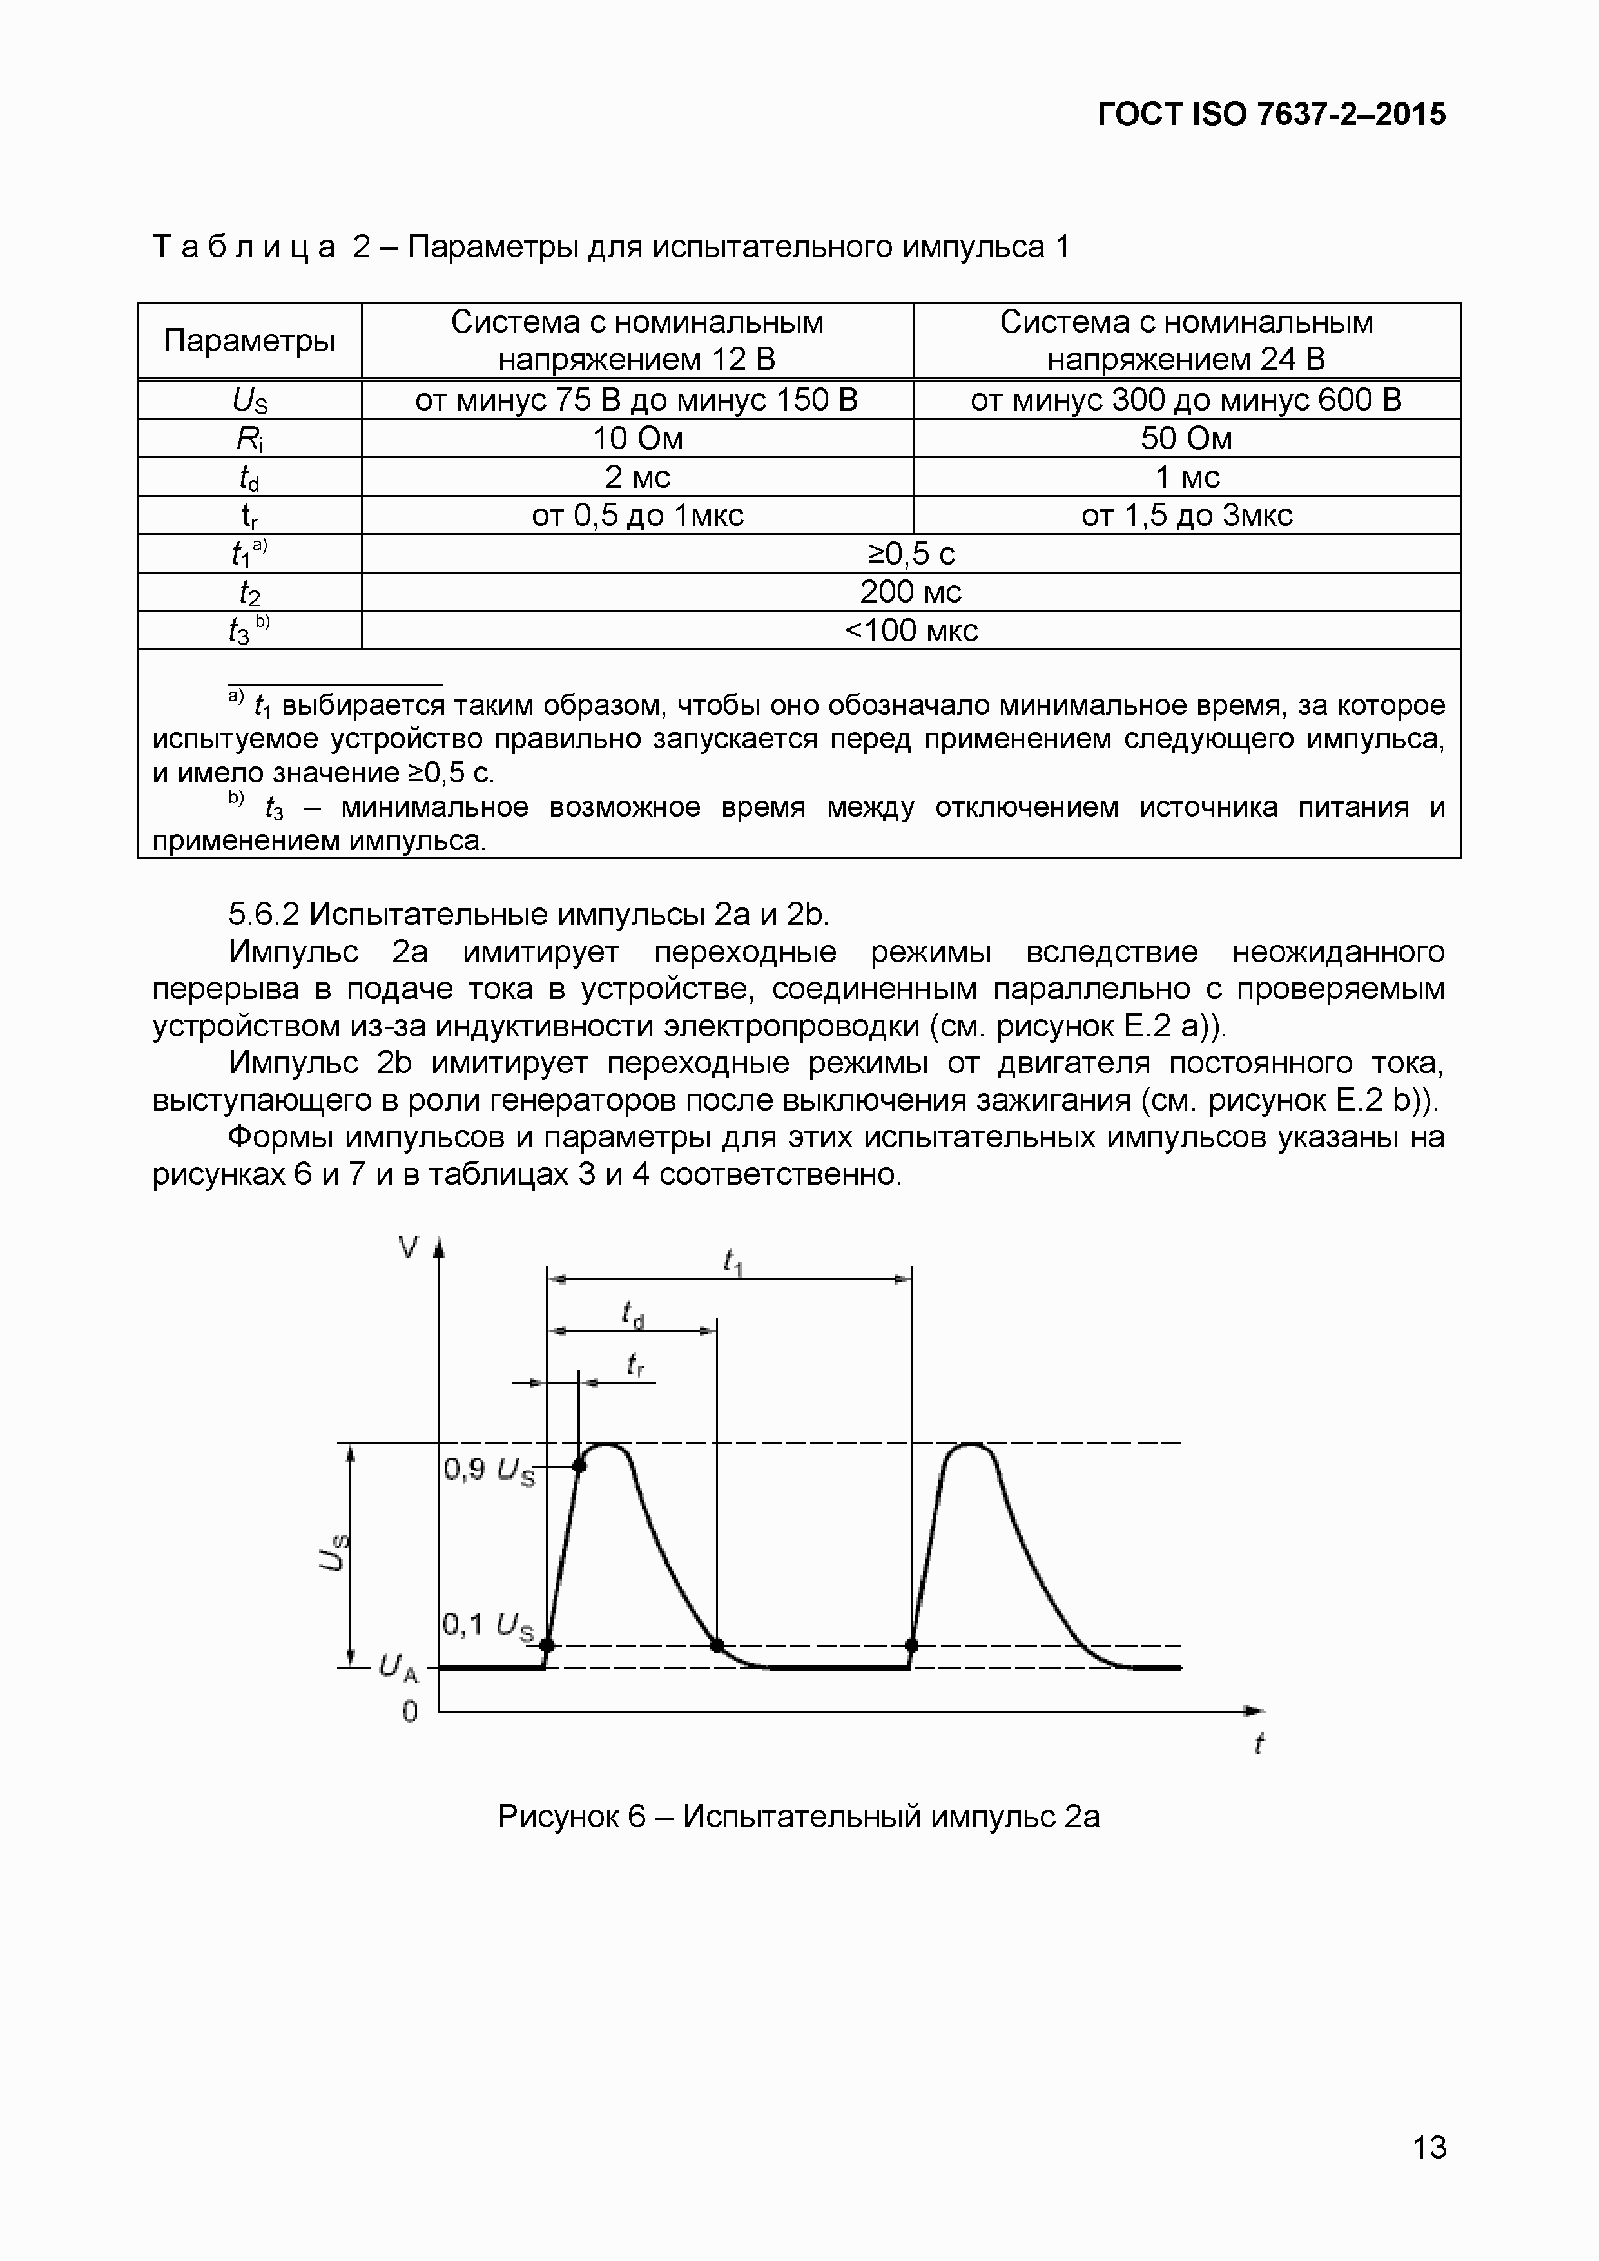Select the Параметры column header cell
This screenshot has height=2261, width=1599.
249,341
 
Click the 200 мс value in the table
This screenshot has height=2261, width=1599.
910,592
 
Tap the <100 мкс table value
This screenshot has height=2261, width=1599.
910,630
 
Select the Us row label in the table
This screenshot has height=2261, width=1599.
249,400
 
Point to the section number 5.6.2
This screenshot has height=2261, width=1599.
263,915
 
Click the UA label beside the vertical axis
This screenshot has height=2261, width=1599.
399,1668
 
